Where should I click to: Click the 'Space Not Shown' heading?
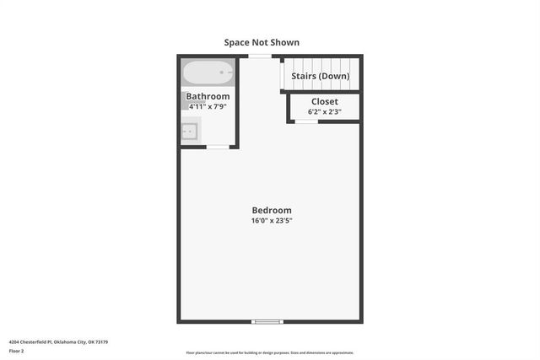(x=262, y=42)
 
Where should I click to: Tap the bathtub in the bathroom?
(x=208, y=73)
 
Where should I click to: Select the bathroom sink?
(x=190, y=131)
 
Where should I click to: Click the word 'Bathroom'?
(x=208, y=97)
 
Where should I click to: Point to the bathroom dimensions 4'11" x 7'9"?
(x=208, y=107)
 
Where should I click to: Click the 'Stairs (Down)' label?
(x=320, y=76)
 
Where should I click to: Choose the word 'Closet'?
(x=325, y=101)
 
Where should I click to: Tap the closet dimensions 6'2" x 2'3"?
(x=325, y=111)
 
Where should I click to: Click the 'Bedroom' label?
(x=272, y=211)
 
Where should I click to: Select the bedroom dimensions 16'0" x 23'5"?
(x=272, y=221)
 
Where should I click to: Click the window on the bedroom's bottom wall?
(x=268, y=321)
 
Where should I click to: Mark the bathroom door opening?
(x=217, y=148)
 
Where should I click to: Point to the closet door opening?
(x=306, y=121)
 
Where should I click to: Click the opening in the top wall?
(x=260, y=56)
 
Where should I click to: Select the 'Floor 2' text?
(x=16, y=351)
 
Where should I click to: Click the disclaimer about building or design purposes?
(x=270, y=353)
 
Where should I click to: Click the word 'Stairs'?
(x=304, y=76)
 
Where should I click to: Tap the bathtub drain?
(x=223, y=73)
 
